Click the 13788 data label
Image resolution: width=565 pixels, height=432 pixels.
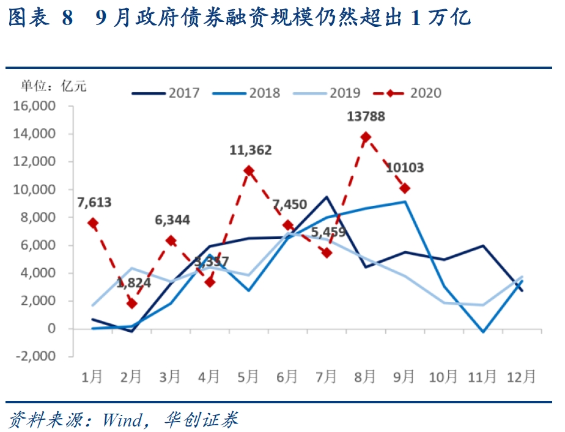point(366,116)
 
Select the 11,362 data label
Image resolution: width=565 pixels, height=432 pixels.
point(251,150)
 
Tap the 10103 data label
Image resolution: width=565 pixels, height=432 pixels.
point(405,168)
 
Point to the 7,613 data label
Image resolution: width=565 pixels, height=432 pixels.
point(95,202)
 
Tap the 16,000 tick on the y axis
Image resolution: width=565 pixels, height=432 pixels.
point(39,106)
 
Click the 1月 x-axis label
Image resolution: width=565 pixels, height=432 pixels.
point(92,376)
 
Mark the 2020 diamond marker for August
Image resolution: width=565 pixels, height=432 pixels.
point(366,137)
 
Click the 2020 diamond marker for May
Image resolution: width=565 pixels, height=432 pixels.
point(249,170)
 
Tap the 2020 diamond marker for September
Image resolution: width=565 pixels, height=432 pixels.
point(405,189)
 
